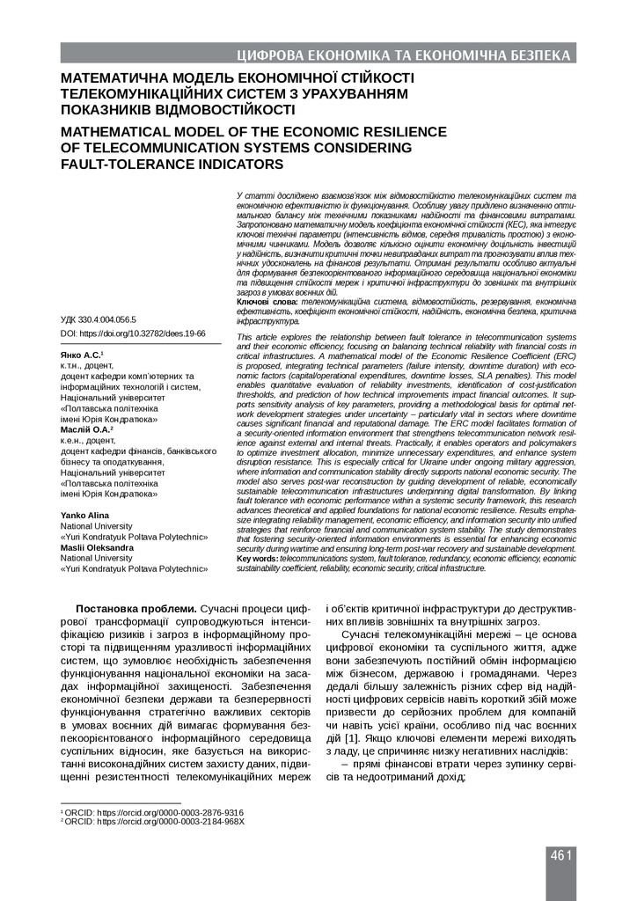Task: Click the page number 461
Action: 562,855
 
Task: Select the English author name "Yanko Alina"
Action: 86,514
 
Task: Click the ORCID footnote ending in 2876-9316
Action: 151,812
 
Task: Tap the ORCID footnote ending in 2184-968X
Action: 152,822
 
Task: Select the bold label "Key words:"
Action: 260,558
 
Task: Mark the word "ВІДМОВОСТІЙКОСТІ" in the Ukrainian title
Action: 208,110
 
